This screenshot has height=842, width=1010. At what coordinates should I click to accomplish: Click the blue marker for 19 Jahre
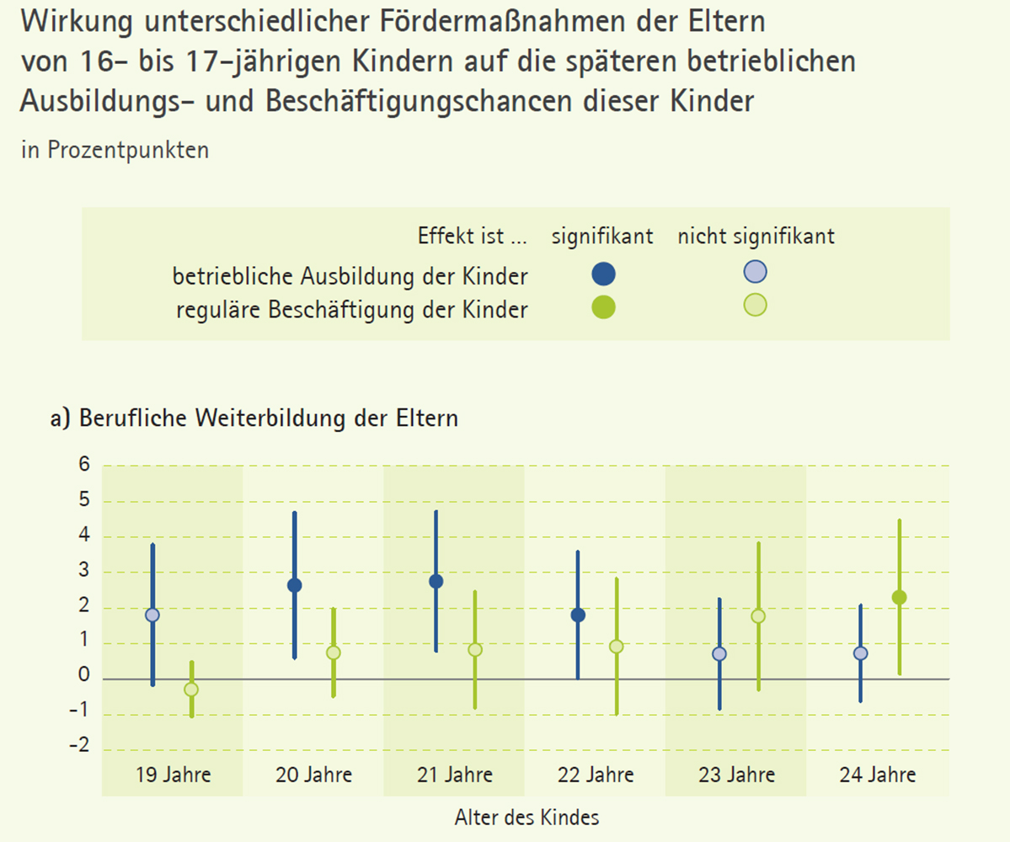pos(152,615)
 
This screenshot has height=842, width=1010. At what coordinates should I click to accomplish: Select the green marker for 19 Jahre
pos(191,689)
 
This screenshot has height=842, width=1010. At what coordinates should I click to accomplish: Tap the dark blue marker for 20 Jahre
pos(295,585)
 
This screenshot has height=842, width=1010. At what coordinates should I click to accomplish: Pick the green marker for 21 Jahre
pos(475,649)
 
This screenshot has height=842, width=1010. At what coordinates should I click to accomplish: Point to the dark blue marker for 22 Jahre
pos(578,615)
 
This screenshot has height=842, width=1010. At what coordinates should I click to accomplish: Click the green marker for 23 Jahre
pos(758,616)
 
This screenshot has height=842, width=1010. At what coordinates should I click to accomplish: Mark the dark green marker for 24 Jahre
pos(899,598)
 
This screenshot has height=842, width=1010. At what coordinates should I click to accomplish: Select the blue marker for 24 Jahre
pos(860,653)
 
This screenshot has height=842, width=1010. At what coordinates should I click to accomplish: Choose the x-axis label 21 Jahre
pos(455,775)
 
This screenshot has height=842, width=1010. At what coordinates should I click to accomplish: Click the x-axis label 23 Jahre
pos(737,775)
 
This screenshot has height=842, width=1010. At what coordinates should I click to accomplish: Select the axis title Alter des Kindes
pos(526,818)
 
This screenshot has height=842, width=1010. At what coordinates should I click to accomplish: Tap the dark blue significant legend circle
pos(604,274)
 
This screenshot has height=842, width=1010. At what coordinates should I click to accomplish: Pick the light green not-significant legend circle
pos(756,306)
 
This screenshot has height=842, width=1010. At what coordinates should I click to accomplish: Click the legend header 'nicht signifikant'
pos(756,237)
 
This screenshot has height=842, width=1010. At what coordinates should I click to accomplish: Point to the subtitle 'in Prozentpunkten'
pos(115,150)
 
